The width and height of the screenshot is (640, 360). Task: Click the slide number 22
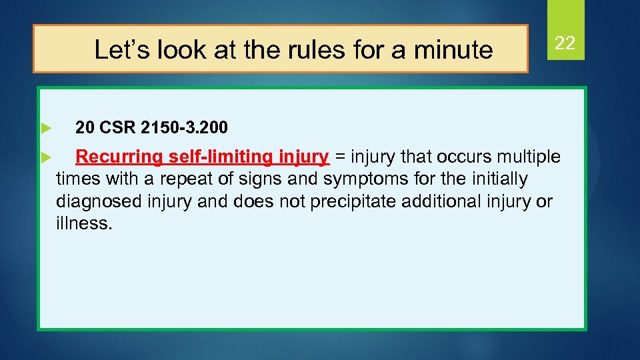click(x=565, y=44)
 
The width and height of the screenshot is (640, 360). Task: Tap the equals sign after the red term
click(x=340, y=158)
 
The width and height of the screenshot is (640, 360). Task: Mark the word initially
click(x=495, y=179)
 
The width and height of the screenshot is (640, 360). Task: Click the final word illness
click(x=84, y=223)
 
